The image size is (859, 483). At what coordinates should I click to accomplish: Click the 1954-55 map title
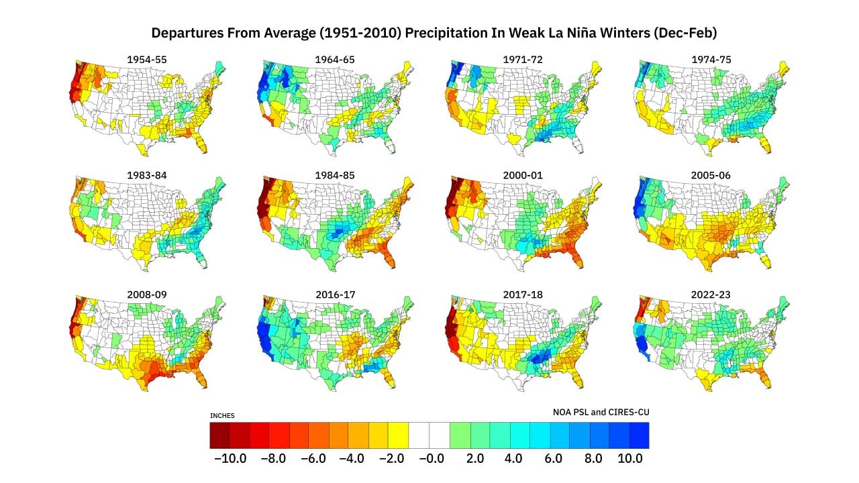point(146,60)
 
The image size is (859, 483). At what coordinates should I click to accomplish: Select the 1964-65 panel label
point(335,60)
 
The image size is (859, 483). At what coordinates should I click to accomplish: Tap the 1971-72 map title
point(523,60)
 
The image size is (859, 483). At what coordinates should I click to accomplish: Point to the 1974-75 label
point(711,60)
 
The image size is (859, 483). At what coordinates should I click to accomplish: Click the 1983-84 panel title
point(146,176)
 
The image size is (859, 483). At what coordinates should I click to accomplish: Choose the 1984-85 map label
point(335,176)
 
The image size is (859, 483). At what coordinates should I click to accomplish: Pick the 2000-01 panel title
point(523,176)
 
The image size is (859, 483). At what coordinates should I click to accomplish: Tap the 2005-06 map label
point(711,176)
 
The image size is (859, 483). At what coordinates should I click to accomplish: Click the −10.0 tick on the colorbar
point(230,459)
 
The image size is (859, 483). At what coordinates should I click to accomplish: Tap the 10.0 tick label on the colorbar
point(630,459)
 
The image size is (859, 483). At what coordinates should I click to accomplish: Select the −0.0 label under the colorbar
point(429,459)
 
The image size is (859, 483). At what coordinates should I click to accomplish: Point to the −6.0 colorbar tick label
point(309,459)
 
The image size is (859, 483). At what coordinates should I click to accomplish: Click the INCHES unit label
point(222,416)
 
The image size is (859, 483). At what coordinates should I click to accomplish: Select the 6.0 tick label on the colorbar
point(550,459)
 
